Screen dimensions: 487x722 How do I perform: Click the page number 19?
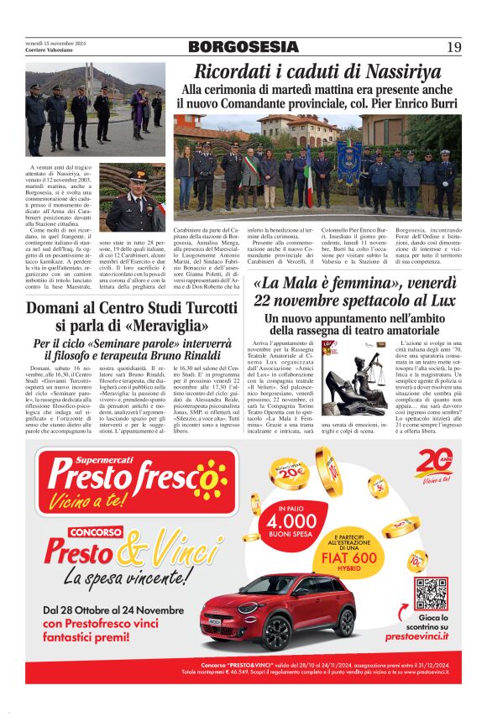(x=453, y=47)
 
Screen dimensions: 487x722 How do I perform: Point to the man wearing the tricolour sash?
(x=250, y=175)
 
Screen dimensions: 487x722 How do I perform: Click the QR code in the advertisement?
(x=432, y=593)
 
